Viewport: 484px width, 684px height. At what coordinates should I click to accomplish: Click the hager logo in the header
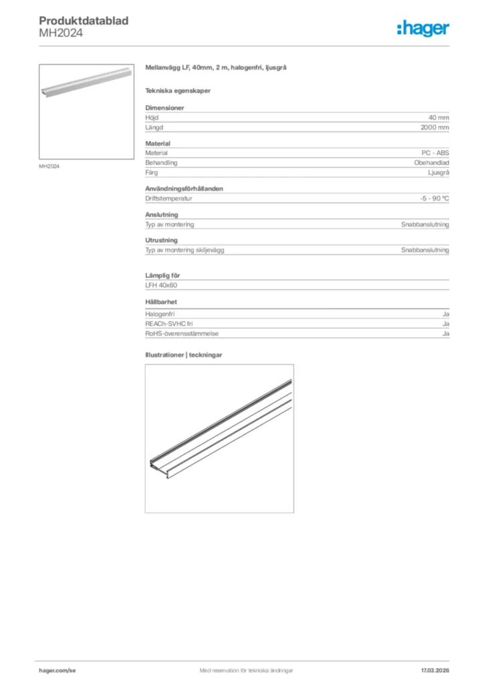[x=423, y=28]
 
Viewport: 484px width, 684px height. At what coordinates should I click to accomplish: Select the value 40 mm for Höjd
[x=439, y=118]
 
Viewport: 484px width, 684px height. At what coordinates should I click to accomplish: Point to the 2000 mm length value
[x=435, y=127]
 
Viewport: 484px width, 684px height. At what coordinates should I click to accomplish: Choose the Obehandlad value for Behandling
[x=431, y=162]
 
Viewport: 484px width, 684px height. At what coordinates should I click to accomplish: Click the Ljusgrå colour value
[x=438, y=172]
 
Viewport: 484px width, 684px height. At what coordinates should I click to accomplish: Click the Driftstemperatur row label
[x=169, y=198]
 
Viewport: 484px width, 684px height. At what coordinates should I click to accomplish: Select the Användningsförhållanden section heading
[x=185, y=188]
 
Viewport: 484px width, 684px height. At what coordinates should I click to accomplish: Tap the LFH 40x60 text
[x=161, y=285]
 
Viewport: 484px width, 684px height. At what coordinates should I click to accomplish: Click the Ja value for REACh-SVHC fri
[x=445, y=324]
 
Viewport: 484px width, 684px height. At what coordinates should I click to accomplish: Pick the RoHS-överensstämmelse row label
[x=182, y=333]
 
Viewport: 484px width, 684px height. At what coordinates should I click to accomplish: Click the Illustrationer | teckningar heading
[x=184, y=355]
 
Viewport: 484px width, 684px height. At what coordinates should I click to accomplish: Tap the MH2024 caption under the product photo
[x=49, y=166]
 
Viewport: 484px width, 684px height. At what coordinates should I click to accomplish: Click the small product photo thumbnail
[x=87, y=112]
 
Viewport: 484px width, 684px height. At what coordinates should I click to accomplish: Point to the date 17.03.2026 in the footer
[x=434, y=670]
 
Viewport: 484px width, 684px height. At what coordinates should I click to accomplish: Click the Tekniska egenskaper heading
[x=175, y=90]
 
